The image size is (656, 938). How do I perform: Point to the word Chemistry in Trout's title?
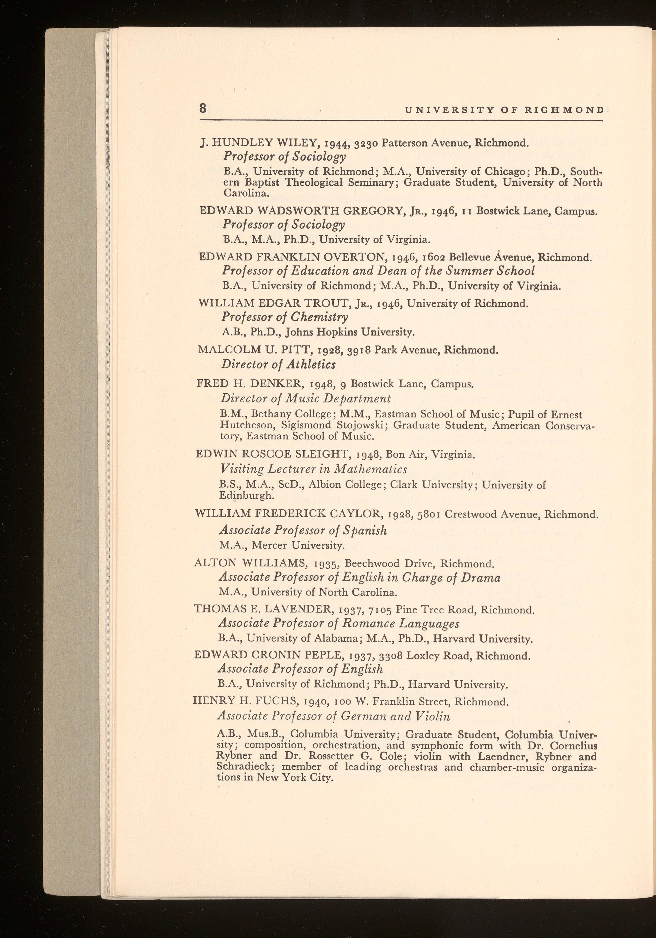(x=319, y=317)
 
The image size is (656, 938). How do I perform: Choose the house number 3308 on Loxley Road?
(x=391, y=656)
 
